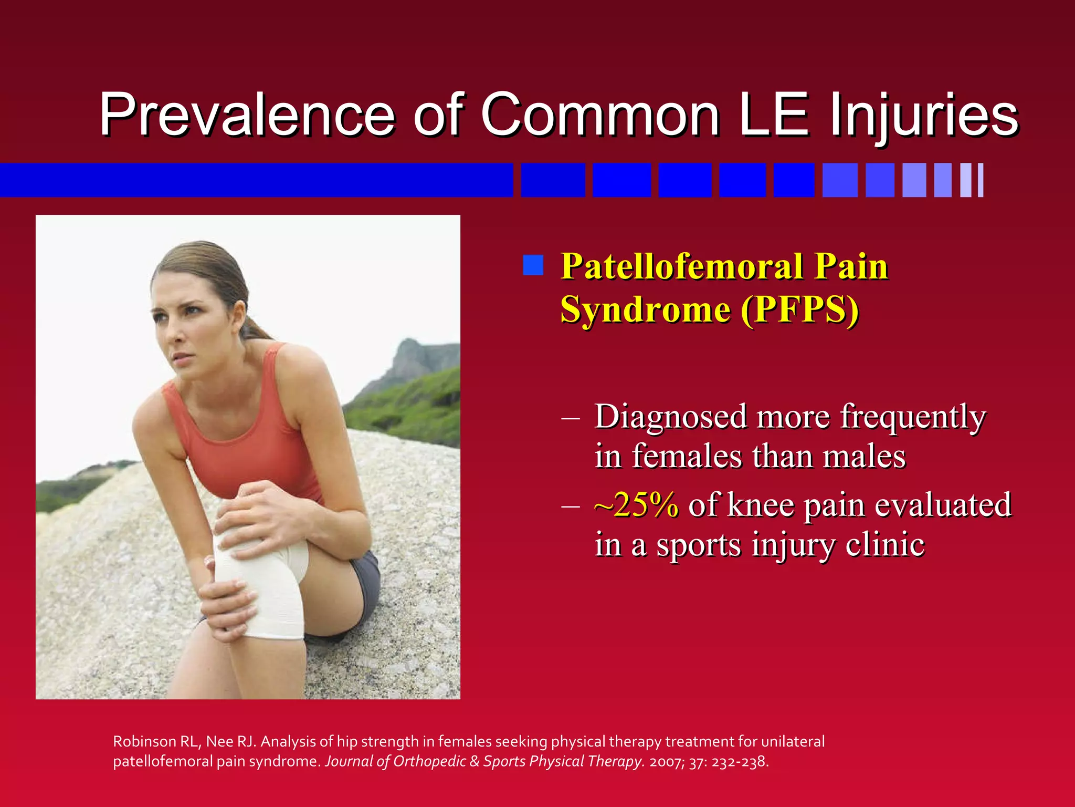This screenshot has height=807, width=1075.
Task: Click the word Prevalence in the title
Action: pos(247,115)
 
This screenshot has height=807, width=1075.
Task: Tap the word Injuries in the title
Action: pos(924,115)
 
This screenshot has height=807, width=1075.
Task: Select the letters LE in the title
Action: pos(774,115)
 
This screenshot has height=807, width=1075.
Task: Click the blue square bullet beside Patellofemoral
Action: pos(533,265)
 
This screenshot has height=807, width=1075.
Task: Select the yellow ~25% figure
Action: pos(636,505)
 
